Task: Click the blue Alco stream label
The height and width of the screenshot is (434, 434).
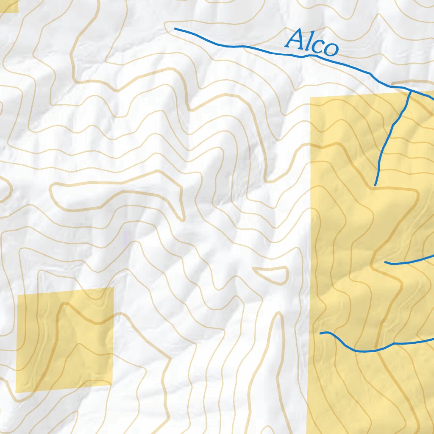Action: click(312, 44)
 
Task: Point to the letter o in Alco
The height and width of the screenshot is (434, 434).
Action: click(330, 48)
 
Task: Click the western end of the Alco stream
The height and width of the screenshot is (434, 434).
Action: click(175, 29)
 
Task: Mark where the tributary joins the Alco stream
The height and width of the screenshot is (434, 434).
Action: click(410, 90)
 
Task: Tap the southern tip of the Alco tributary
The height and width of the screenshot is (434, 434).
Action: click(375, 185)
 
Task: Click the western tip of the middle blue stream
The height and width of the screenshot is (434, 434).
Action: click(385, 262)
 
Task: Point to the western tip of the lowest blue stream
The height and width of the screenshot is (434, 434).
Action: click(320, 333)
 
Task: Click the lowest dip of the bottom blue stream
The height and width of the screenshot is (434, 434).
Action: click(364, 351)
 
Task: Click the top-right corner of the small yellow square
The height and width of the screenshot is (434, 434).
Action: click(113, 288)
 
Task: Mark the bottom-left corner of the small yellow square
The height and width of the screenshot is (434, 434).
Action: click(16, 392)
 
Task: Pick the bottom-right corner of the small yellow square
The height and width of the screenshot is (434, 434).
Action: click(112, 385)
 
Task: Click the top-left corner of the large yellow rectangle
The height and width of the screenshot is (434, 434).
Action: click(311, 97)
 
